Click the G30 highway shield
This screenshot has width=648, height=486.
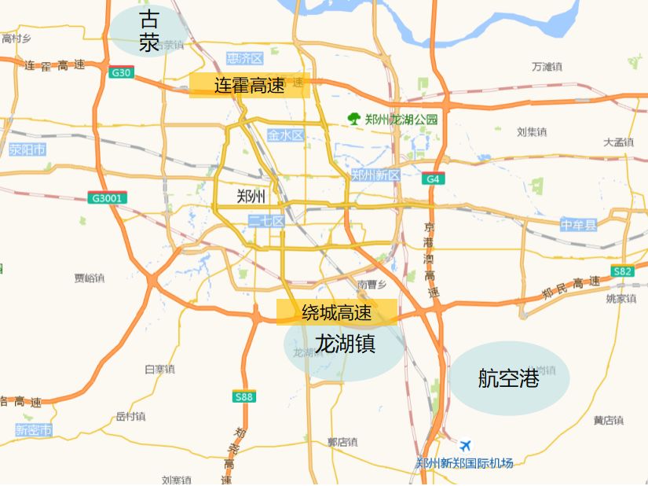pyautogui.click(x=122, y=73)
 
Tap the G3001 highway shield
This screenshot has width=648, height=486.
pyautogui.click(x=106, y=198)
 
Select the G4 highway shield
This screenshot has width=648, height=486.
pyautogui.click(x=432, y=179)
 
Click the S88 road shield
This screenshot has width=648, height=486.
pyautogui.click(x=244, y=397)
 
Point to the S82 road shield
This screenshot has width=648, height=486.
pyautogui.click(x=622, y=271)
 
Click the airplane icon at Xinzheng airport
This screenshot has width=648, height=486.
pyautogui.click(x=467, y=446)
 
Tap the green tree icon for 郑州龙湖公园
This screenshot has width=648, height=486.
pyautogui.click(x=355, y=119)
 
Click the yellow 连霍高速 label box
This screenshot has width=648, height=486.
pyautogui.click(x=249, y=86)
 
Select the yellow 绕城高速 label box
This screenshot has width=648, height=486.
pyautogui.click(x=336, y=313)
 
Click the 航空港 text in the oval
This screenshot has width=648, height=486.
pyautogui.click(x=508, y=379)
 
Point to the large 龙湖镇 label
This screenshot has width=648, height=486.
pyautogui.click(x=345, y=344)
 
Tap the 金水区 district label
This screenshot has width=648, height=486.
pyautogui.click(x=285, y=135)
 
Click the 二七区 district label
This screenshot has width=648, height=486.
pyautogui.click(x=265, y=221)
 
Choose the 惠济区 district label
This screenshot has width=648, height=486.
pyautogui.click(x=244, y=59)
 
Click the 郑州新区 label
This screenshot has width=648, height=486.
pyautogui.click(x=375, y=175)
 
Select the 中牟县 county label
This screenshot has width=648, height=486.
pyautogui.click(x=579, y=226)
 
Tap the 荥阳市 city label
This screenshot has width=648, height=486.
pyautogui.click(x=27, y=149)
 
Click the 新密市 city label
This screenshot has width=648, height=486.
pyautogui.click(x=34, y=430)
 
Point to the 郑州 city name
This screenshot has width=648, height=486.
pyautogui.click(x=252, y=196)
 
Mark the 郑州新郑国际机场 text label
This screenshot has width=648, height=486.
pyautogui.click(x=464, y=462)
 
